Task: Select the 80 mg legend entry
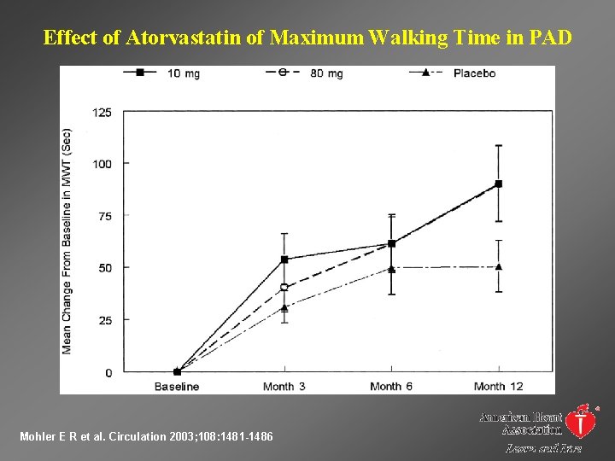point(305,73)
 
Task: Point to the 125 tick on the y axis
point(102,112)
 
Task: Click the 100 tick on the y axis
point(102,164)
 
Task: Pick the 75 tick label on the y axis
point(104,216)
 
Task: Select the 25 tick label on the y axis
point(104,320)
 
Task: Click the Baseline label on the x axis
point(177,387)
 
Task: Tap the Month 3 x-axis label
point(284,387)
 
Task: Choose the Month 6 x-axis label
point(391,387)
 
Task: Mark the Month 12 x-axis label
point(499,387)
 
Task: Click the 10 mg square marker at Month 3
point(284,259)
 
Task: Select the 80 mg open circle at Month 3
point(284,288)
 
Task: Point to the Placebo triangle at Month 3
point(284,307)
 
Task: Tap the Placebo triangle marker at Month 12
point(499,266)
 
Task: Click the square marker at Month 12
point(499,184)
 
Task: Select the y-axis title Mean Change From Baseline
point(67,241)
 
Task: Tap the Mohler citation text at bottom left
point(146,437)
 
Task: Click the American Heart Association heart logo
point(582,420)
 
